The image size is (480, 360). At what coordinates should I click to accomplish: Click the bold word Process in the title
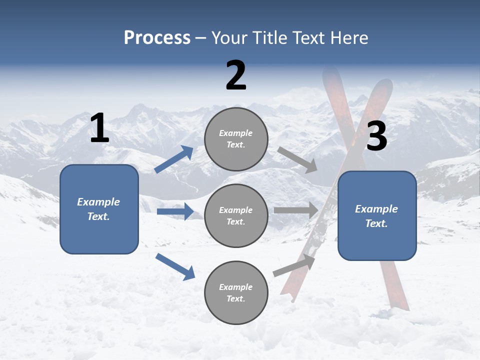[157, 38]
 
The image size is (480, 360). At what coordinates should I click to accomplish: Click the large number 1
[99, 128]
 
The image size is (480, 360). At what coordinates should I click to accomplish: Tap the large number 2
[236, 75]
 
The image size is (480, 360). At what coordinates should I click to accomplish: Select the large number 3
[376, 137]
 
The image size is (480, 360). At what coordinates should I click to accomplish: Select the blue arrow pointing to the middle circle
[175, 211]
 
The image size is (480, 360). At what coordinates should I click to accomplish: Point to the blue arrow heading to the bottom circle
[175, 266]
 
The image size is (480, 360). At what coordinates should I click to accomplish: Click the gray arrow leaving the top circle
[297, 159]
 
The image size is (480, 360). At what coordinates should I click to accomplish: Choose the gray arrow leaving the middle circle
[295, 210]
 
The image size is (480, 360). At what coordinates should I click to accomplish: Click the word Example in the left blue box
[98, 202]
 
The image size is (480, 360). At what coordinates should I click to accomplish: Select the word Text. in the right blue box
[376, 223]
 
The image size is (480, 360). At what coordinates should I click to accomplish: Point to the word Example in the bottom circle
[236, 287]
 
